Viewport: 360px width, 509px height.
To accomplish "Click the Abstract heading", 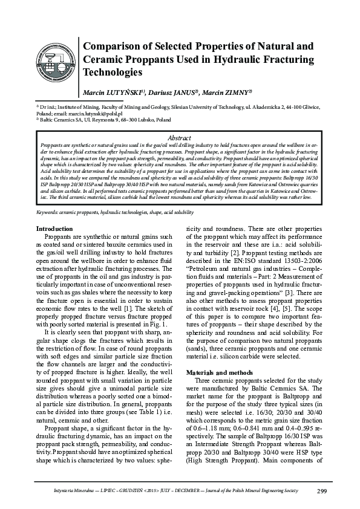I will pos(180,138).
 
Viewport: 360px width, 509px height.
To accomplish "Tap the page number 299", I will pos(322,490).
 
